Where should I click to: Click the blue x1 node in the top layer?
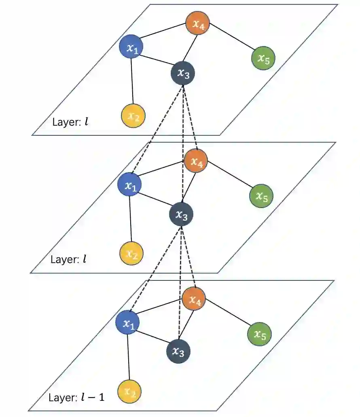pos(131,47)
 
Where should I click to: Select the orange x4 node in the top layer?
pos(197,24)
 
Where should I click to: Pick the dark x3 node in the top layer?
pos(183,74)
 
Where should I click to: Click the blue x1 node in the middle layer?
pos(129,185)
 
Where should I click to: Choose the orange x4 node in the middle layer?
pos(196,162)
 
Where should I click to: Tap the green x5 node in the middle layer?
pos(261,196)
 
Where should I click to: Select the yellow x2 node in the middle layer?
pos(131,253)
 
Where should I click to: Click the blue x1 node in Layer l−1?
pos(128,323)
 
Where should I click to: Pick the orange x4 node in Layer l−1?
pos(194,299)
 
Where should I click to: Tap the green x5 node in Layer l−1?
pos(259,334)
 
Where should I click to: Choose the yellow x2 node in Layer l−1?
pos(129,392)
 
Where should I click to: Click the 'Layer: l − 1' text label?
pos(76,397)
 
